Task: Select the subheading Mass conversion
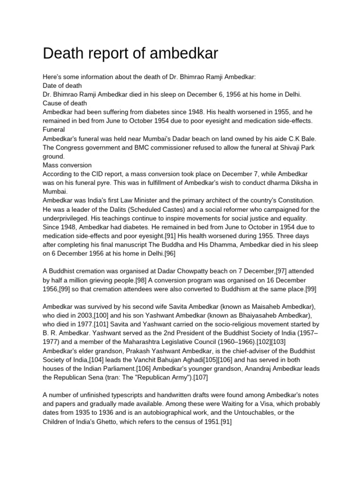pos(67,166)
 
